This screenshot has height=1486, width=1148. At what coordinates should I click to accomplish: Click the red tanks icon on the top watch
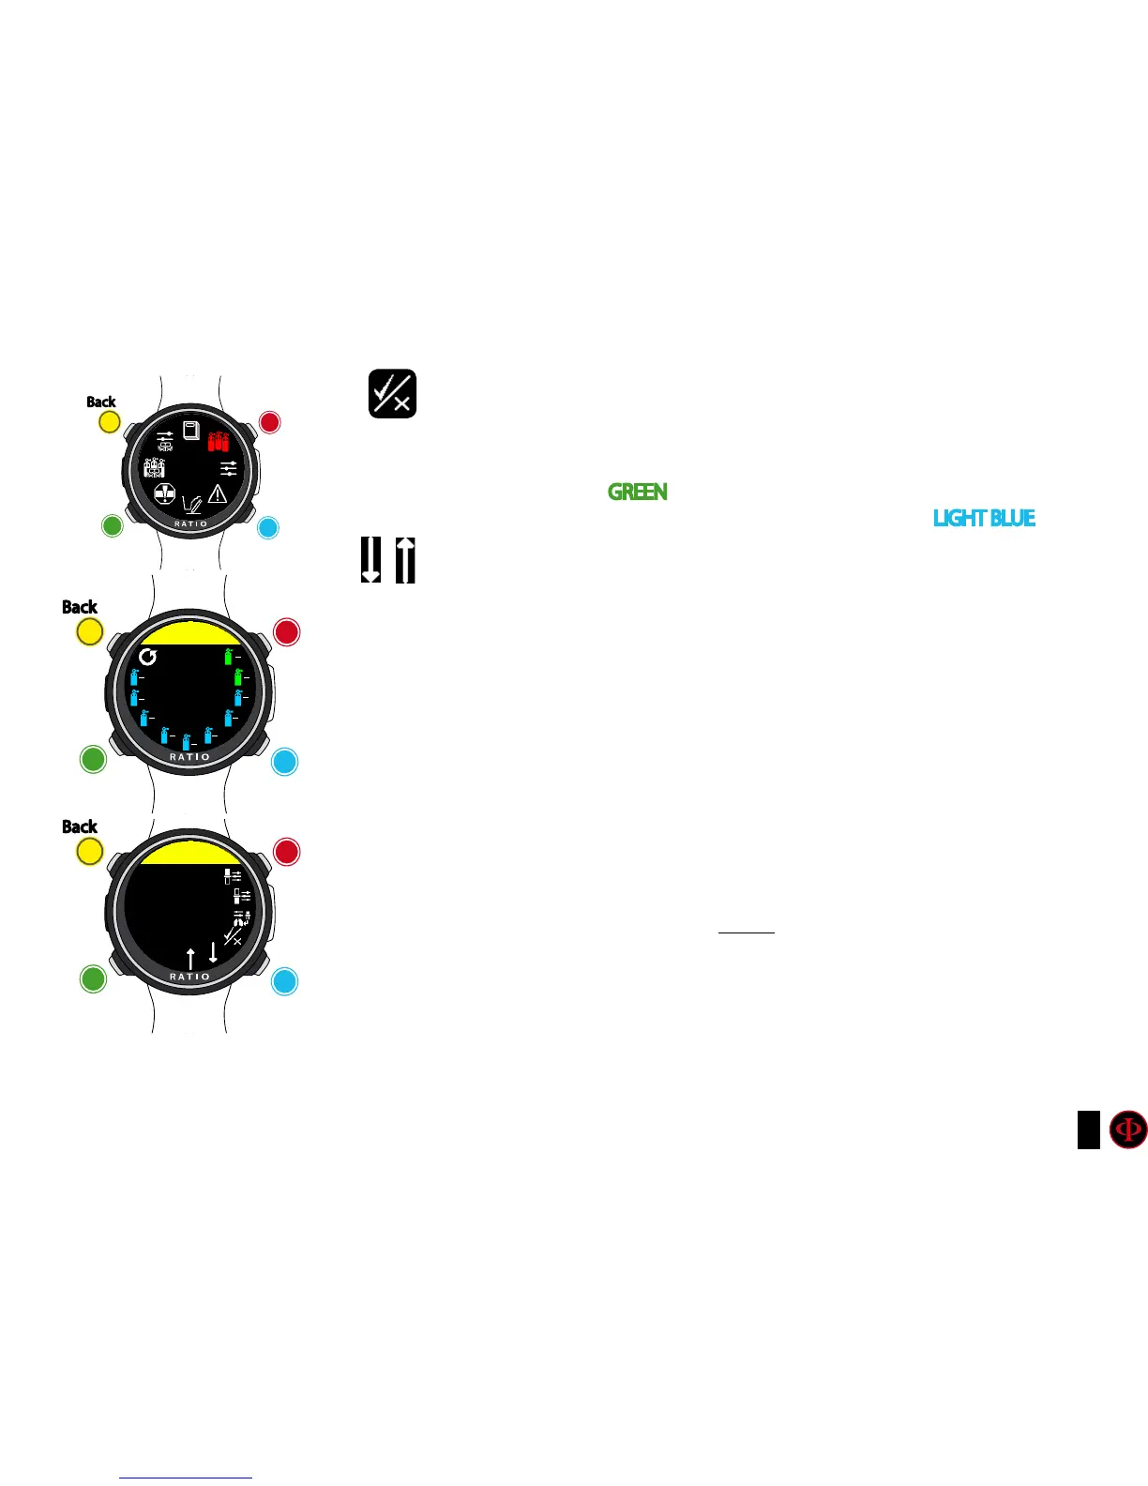point(218,440)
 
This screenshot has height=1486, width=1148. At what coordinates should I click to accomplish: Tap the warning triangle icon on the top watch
point(218,493)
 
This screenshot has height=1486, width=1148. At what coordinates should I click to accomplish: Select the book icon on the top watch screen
point(191,431)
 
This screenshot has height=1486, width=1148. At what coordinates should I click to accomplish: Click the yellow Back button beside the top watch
point(109,422)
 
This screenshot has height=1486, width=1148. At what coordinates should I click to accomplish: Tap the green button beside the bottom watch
point(93,978)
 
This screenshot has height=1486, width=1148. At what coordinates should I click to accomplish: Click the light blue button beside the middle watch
point(284,761)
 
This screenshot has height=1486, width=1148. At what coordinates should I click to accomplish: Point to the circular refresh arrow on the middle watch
point(147,657)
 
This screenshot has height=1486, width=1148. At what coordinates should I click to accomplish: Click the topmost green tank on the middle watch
point(228,656)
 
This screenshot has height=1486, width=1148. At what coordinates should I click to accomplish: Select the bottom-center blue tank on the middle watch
point(187,742)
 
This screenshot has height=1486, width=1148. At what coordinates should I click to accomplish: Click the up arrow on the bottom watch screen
point(191,958)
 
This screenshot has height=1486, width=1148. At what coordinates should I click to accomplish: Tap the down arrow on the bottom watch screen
point(213,952)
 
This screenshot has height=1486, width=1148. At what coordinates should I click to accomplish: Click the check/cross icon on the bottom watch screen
point(234,936)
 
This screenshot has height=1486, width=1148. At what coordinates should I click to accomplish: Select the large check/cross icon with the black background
point(392,394)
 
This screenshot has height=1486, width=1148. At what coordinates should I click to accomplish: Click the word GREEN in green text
point(638,492)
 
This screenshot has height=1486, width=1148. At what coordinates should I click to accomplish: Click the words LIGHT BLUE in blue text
point(984,518)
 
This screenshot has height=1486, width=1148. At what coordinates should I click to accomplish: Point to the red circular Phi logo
point(1127,1130)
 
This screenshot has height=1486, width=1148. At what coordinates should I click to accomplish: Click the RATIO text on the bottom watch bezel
point(189,977)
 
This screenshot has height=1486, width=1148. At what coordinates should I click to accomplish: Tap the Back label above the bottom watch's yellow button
point(80,826)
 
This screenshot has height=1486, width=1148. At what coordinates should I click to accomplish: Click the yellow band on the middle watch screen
point(189,633)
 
